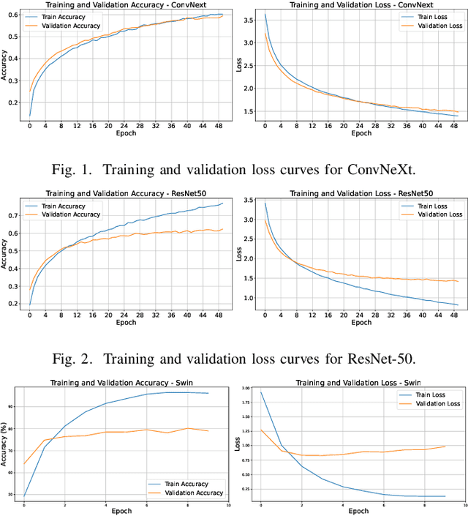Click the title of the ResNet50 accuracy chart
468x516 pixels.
[x=124, y=192]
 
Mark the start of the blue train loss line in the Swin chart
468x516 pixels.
[x=262, y=392]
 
